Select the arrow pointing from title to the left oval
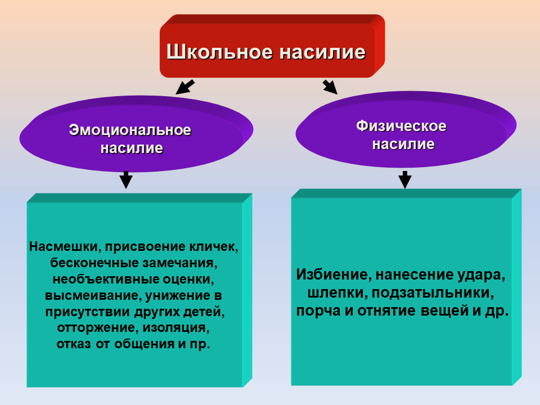184,87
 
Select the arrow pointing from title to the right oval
330,86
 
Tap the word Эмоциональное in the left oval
130,130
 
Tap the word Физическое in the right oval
401,126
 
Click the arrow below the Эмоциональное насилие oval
126,180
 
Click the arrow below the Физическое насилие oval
404,179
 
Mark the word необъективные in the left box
100,279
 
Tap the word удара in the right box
484,276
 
